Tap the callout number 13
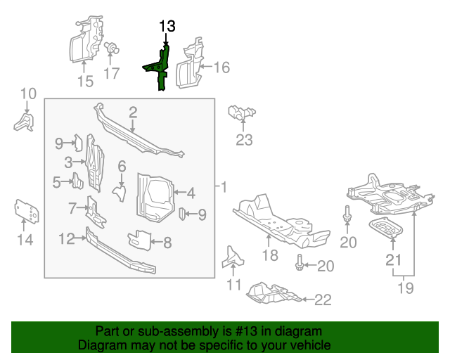[x=167, y=27]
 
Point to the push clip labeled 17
[x=110, y=50]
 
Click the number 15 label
[x=84, y=82]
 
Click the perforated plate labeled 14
[x=26, y=211]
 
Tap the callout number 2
[x=132, y=112]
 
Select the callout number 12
[x=66, y=239]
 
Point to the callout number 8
[x=167, y=243]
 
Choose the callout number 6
[x=122, y=167]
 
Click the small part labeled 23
[x=241, y=112]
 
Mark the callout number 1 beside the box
[x=224, y=188]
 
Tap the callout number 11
[x=233, y=285]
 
